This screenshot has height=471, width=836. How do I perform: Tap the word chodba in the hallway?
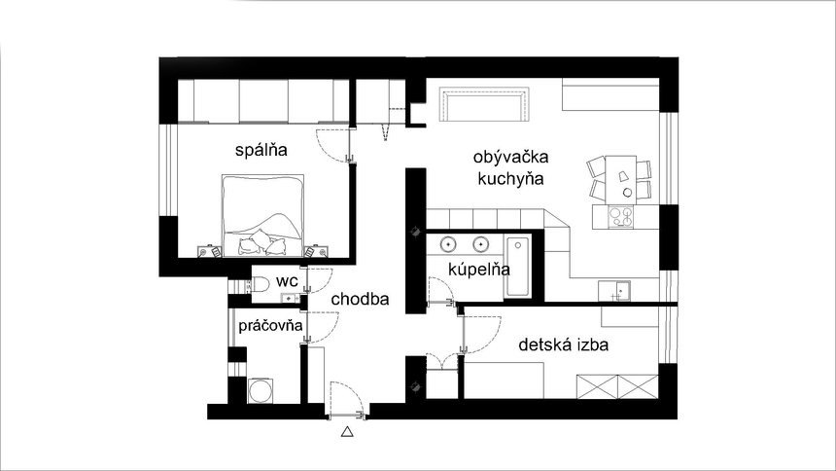(360, 300)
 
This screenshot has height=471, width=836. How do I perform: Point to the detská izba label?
(564, 344)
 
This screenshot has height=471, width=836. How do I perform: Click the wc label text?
(287, 281)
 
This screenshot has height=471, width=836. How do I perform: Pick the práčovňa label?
(270, 325)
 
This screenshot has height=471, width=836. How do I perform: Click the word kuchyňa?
(510, 179)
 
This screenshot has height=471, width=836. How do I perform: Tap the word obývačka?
(510, 157)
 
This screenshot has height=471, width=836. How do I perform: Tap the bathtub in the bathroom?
(516, 268)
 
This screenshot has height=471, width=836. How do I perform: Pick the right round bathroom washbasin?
(480, 244)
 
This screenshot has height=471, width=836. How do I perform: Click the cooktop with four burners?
(620, 217)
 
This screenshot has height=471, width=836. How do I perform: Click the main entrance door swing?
(346, 399)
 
